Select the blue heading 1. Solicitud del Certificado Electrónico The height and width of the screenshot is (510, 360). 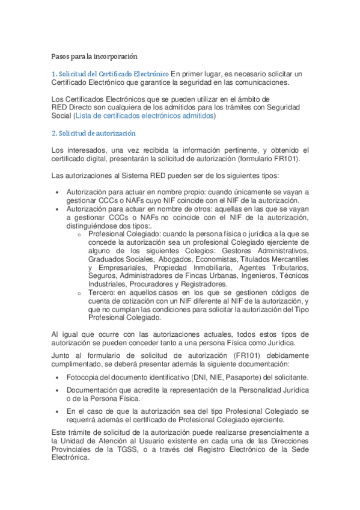coord(110,73)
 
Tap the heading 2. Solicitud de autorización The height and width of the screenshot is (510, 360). coord(93,133)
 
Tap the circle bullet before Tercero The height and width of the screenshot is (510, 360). coord(79,293)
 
